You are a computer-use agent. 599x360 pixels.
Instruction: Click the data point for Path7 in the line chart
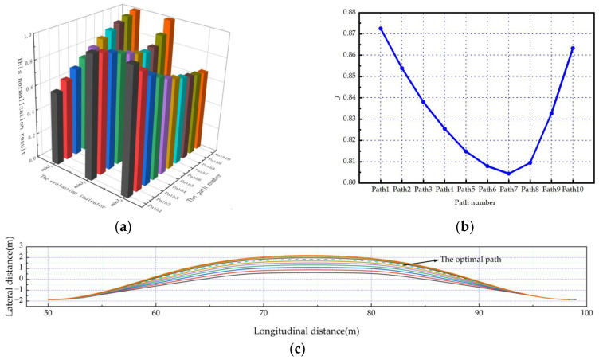tap(508, 174)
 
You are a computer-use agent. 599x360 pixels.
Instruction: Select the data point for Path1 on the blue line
tap(381, 29)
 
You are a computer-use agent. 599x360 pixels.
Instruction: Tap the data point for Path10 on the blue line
tap(572, 49)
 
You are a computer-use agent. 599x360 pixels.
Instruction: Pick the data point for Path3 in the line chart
tap(423, 102)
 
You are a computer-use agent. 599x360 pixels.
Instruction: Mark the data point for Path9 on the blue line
tap(550, 113)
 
